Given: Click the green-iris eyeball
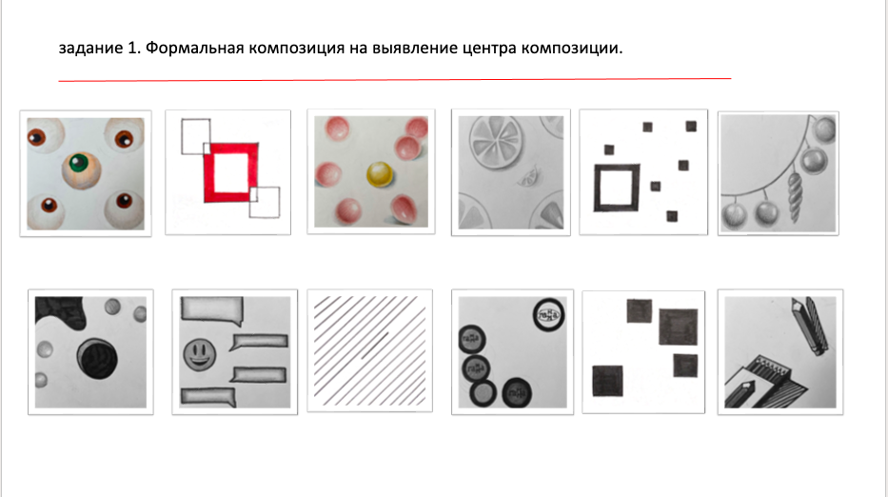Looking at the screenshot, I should point(83,171).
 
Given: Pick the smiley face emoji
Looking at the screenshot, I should point(198,357).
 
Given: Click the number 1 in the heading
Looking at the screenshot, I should point(132,47).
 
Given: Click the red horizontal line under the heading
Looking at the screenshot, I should point(394,79).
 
